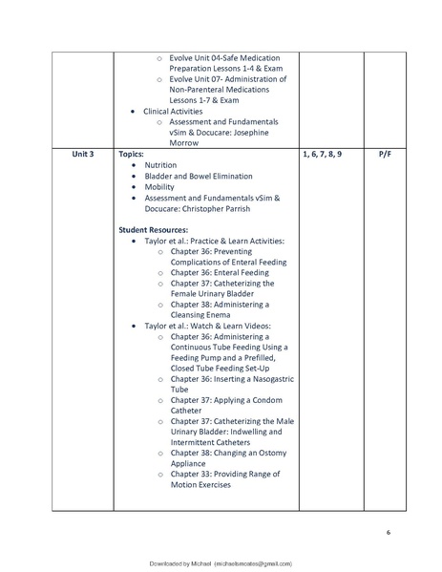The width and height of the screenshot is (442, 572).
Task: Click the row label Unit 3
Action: coord(82,153)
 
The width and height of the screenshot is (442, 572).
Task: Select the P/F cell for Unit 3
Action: coord(384,153)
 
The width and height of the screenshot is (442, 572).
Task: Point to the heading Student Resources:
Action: coord(154,230)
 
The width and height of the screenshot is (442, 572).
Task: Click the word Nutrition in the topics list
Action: coord(160,165)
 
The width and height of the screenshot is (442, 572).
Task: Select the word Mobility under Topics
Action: coord(159,187)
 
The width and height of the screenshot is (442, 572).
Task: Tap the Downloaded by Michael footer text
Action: coord(221,563)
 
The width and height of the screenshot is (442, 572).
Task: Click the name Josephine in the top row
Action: coord(256,133)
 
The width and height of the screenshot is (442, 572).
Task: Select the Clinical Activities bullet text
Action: coord(173,111)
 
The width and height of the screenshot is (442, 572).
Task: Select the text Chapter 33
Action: coord(194,474)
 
